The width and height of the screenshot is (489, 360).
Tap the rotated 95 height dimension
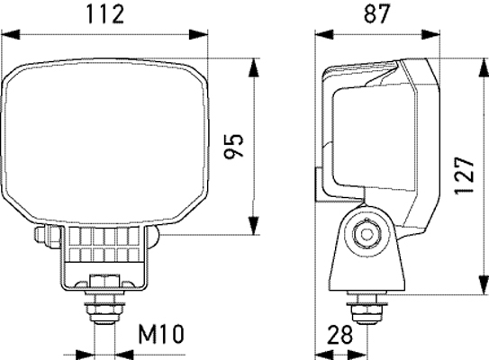pyautogui.click(x=233, y=148)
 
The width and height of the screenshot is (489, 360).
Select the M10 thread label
pyautogui.click(x=161, y=336)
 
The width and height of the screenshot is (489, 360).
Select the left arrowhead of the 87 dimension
pyautogui.click(x=321, y=35)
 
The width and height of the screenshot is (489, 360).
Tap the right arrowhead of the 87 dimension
pyautogui.click(x=435, y=35)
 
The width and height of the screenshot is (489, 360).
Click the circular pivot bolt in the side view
pyautogui.click(x=366, y=233)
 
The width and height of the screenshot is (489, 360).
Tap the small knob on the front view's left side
pyautogui.click(x=41, y=237)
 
